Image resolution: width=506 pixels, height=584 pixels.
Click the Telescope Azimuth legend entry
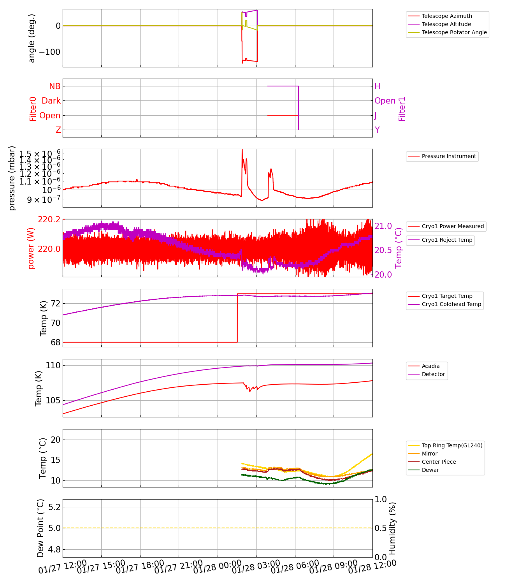[x=446, y=16]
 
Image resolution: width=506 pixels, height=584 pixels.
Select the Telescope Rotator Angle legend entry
[x=454, y=32]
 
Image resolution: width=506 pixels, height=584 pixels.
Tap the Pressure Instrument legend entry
[x=448, y=156]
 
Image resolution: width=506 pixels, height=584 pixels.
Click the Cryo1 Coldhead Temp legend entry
[x=451, y=304]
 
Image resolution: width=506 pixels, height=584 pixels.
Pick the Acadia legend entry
[x=430, y=366]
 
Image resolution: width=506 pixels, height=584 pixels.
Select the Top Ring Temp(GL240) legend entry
[x=452, y=445]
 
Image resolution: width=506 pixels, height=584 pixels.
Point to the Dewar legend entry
[x=430, y=470]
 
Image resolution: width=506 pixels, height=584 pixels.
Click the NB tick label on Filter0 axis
[x=54, y=86]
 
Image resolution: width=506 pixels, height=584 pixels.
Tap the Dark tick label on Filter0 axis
[x=51, y=101]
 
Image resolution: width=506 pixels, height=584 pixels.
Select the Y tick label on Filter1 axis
[x=377, y=130]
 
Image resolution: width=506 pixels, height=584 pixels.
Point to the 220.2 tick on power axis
[x=49, y=220]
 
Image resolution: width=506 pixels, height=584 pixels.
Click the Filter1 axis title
[x=402, y=109]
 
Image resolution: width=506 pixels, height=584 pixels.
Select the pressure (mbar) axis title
[x=12, y=178]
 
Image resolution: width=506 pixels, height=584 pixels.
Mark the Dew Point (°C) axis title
[x=40, y=528]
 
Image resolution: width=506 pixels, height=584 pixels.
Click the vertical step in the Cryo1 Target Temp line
[x=237, y=318]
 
